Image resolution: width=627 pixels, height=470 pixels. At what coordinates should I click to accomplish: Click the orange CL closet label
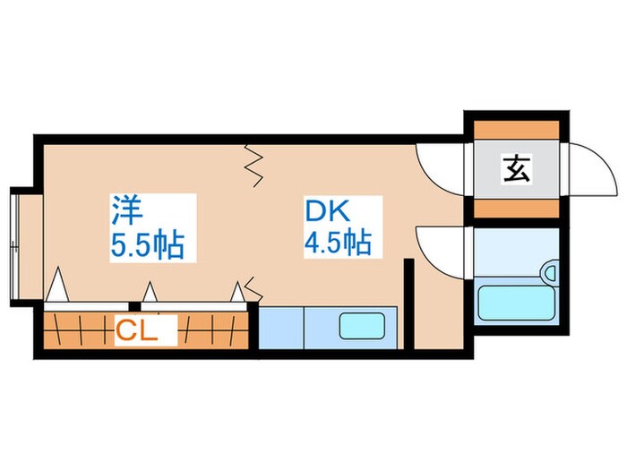137,332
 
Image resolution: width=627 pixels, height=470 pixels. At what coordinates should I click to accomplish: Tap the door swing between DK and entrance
441,161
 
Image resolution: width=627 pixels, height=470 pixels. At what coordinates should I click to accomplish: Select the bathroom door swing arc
441,251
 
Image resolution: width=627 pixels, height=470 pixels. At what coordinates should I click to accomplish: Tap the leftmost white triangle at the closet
57,287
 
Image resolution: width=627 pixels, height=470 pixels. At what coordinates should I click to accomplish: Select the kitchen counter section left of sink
281,327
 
